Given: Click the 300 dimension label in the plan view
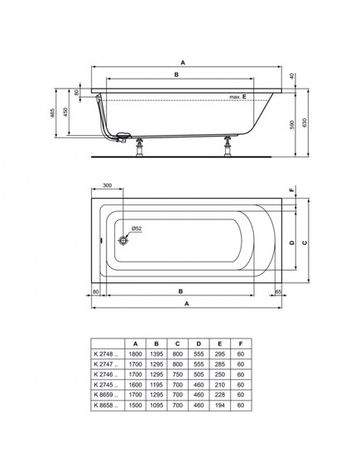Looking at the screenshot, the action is (x=108, y=185).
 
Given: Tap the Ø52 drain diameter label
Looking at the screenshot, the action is (x=137, y=228).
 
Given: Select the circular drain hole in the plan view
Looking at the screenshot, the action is (x=123, y=240).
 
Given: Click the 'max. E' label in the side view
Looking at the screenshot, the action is (x=238, y=97).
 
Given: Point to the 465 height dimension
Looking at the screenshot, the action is (x=52, y=113).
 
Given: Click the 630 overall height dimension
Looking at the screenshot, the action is (x=305, y=123).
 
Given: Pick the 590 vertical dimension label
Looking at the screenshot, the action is (x=293, y=124).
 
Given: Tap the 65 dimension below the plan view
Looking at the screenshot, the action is (x=278, y=291).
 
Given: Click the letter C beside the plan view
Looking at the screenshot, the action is (x=305, y=243).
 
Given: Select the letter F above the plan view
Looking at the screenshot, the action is (x=291, y=190).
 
